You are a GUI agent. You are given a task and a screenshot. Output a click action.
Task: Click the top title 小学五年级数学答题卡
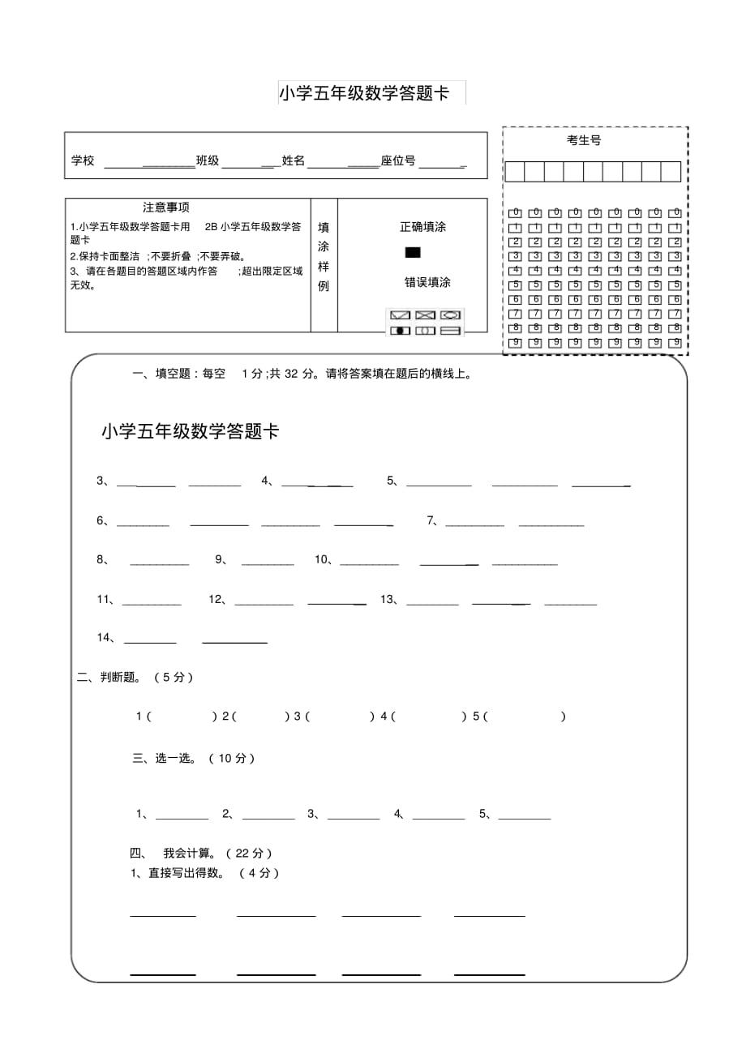click(364, 93)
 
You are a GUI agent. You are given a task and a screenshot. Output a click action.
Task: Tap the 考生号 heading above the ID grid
click(584, 140)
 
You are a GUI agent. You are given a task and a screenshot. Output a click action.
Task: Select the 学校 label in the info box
click(83, 160)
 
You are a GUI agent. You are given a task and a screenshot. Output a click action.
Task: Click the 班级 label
click(208, 160)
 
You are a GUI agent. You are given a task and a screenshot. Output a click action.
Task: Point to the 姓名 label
click(293, 160)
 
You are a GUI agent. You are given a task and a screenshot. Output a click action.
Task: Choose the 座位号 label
click(398, 160)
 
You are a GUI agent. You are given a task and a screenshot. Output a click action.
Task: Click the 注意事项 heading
click(166, 208)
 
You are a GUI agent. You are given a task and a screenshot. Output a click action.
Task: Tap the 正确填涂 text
click(422, 227)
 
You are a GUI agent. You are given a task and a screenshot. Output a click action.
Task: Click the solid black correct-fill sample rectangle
click(413, 253)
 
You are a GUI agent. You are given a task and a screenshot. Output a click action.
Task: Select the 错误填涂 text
click(427, 282)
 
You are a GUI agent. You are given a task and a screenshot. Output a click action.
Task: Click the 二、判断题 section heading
click(135, 678)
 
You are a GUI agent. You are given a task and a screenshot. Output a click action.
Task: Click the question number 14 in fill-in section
click(104, 638)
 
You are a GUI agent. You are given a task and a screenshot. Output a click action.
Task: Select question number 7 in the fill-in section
click(431, 521)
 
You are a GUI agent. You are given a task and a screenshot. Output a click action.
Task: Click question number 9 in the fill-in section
click(220, 559)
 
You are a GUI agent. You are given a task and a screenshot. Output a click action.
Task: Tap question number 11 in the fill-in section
click(104, 600)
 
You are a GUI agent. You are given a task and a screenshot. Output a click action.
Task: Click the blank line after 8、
click(159, 562)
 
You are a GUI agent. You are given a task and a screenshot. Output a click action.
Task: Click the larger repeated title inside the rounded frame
click(191, 432)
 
